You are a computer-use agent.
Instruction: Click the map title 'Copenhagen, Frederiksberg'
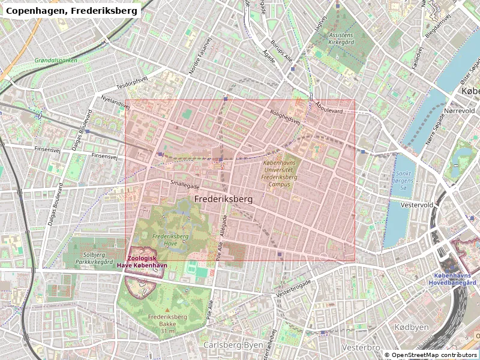(72, 10)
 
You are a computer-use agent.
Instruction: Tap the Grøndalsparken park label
(56, 61)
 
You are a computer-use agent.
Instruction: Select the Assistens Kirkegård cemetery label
(341, 39)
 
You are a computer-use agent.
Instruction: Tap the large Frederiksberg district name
(224, 198)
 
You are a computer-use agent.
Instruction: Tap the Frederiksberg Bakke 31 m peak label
(169, 323)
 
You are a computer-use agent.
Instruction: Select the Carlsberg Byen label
(232, 345)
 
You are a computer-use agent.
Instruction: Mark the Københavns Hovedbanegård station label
(454, 279)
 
